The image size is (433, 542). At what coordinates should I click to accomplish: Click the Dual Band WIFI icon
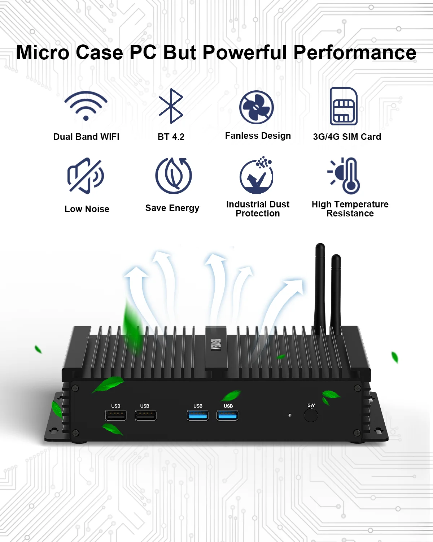(x=86, y=106)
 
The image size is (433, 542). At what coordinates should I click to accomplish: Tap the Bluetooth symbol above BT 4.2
(x=171, y=106)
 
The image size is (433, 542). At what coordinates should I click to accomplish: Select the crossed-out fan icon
(x=257, y=107)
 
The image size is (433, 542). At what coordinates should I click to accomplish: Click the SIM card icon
(x=344, y=106)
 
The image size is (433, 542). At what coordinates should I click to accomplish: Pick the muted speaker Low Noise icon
(x=86, y=176)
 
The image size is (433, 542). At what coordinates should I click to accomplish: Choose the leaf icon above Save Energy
(x=174, y=176)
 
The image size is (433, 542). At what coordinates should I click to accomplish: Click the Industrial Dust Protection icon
(x=257, y=176)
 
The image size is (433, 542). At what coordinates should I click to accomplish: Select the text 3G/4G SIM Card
(x=347, y=137)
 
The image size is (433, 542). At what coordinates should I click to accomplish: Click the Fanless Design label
(x=258, y=136)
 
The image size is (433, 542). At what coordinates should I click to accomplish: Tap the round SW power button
(x=311, y=415)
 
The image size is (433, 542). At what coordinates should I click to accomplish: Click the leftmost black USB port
(x=116, y=415)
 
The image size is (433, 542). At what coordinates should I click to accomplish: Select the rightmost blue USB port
(x=227, y=415)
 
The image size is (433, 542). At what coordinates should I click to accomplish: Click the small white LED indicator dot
(x=290, y=415)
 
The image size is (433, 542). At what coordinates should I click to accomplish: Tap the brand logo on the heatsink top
(x=216, y=345)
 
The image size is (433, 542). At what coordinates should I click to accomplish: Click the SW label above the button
(x=311, y=405)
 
